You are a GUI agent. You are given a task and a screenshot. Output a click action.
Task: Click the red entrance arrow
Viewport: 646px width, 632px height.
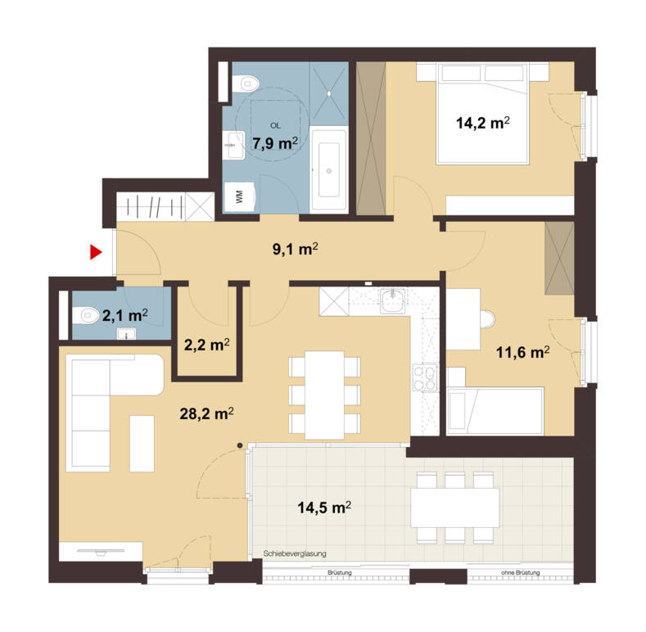96,252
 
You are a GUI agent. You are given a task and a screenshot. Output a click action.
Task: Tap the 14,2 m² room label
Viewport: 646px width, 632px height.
483,124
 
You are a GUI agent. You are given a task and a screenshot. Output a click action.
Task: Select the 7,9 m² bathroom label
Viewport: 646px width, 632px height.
276,144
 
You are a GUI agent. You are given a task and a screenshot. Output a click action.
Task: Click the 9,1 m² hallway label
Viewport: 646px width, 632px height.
296,250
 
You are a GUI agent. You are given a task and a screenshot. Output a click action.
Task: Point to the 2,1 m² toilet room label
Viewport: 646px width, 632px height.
124,314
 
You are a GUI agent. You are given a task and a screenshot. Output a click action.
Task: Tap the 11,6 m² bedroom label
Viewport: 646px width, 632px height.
522,353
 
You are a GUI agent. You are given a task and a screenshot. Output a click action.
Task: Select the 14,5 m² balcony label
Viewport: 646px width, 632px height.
323,508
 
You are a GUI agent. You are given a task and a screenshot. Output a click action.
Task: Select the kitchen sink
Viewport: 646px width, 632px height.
393,304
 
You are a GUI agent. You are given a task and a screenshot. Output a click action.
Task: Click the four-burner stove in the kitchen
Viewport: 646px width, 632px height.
426,378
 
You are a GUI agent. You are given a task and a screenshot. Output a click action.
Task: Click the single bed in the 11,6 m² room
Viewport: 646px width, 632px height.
495,409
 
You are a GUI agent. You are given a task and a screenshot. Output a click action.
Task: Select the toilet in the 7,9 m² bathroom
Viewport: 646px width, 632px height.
244,82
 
